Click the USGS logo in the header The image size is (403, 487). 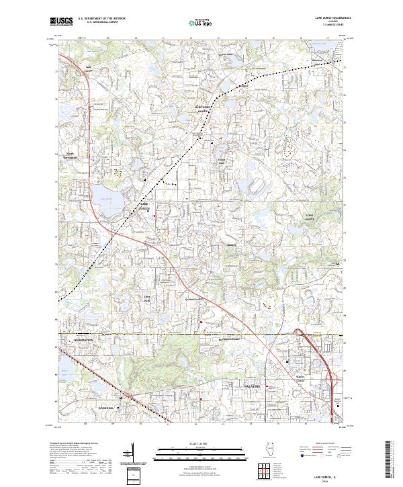pos(61,21)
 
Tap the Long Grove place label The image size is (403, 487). pos(310,216)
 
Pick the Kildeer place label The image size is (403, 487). pos(232,245)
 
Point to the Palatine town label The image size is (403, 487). pos(251,388)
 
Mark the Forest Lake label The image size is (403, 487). pos(222,161)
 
